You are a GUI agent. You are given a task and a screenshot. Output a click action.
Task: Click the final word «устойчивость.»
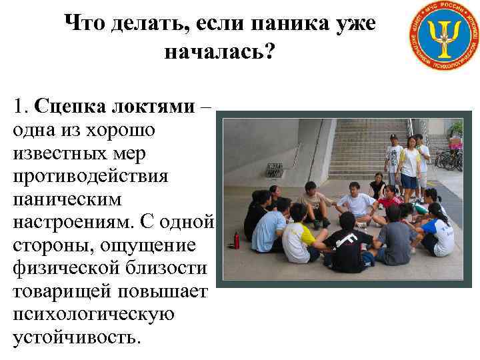point(77,338)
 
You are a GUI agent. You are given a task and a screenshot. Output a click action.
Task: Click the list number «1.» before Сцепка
point(20,105)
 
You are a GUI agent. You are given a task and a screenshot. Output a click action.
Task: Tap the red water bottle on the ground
point(236,240)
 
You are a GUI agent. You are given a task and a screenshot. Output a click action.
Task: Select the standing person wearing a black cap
point(393,159)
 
